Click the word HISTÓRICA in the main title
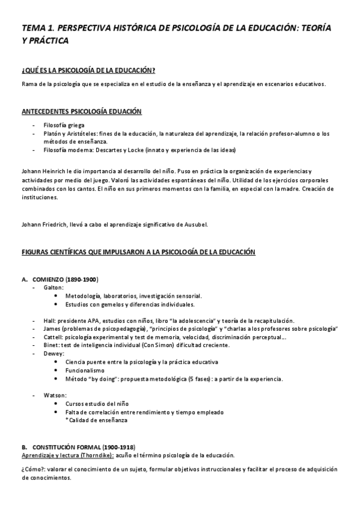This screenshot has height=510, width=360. tap(135, 28)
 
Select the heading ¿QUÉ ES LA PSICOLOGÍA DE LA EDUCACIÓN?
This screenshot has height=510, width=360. tap(88, 70)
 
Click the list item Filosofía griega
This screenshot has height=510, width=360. tap(63, 124)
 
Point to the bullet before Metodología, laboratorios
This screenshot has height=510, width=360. tap(56, 296)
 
